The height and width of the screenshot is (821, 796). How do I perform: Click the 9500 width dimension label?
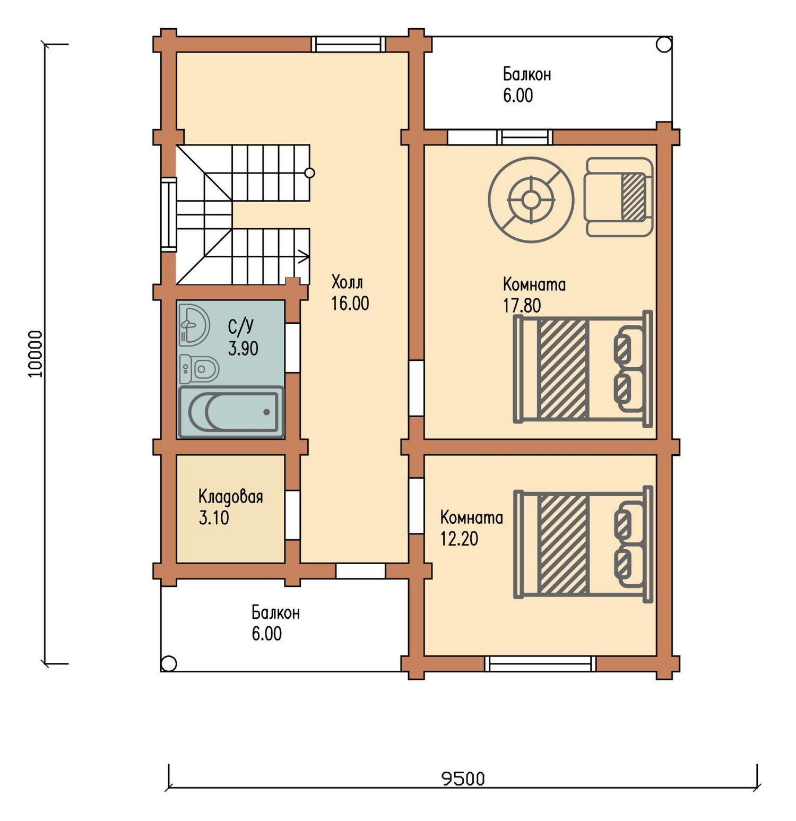(x=463, y=779)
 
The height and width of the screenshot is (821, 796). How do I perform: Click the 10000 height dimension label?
(x=35, y=354)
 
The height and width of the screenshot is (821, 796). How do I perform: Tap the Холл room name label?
(x=347, y=281)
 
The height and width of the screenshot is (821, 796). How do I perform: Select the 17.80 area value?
(x=522, y=306)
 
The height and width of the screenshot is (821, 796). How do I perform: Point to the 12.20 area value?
(x=459, y=539)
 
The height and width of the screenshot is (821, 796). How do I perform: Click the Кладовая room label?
(x=231, y=497)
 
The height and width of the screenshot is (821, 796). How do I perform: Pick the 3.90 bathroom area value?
(x=243, y=348)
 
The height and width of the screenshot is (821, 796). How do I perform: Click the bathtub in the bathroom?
(x=231, y=412)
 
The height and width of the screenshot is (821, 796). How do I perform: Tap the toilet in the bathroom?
(x=199, y=368)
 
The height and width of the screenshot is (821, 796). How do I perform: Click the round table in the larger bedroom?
(x=531, y=200)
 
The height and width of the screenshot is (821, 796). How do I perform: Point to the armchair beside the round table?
(x=618, y=197)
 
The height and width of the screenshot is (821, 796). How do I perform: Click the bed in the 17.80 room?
(x=583, y=368)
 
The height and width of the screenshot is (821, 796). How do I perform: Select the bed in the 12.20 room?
(x=583, y=544)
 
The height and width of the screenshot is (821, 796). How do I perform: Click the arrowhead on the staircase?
(x=304, y=257)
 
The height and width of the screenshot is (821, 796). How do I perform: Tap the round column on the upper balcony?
(x=664, y=45)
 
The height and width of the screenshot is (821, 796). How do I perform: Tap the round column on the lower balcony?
(x=169, y=663)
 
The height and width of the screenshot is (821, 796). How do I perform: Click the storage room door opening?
(x=292, y=515)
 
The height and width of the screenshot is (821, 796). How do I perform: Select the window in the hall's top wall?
(x=348, y=44)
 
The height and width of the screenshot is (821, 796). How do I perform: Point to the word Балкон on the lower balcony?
(x=275, y=612)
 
